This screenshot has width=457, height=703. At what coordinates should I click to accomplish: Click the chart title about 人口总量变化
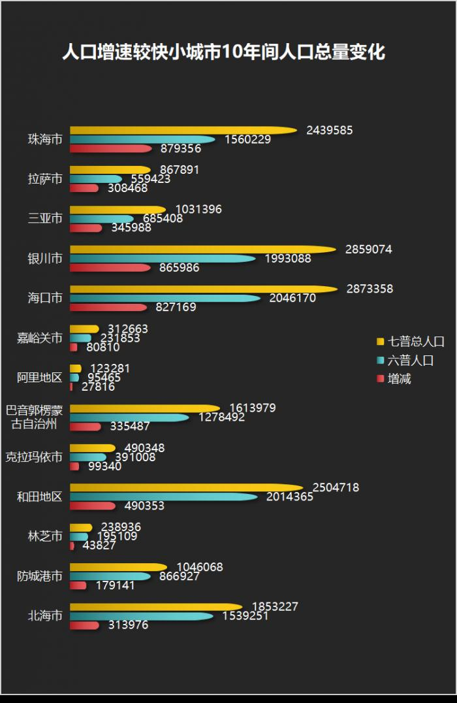coord(223,52)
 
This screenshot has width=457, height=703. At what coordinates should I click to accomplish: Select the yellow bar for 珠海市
coord(183,130)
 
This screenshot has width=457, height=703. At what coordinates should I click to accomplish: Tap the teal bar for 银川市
coord(163,259)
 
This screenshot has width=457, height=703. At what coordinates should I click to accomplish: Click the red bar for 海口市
coord(108,307)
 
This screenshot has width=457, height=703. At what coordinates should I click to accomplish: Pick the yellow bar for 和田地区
coord(186,487)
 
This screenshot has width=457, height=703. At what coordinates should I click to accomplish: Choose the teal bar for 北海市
coord(141,616)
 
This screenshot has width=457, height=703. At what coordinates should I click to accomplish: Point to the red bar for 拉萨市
coord(84,188)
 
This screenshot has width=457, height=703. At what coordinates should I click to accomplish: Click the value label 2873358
coord(370,289)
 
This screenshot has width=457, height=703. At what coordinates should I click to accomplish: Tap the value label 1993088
coord(288,259)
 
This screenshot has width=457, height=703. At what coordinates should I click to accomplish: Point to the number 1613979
coord(253,408)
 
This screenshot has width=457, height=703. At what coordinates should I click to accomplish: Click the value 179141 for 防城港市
coord(116,585)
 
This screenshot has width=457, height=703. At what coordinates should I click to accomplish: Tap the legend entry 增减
coord(399,378)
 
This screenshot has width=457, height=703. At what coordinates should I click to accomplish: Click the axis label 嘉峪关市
coord(40,338)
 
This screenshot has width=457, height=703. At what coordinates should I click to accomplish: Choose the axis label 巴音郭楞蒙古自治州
coord(35,417)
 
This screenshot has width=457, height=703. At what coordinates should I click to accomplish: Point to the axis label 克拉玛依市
coord(34,457)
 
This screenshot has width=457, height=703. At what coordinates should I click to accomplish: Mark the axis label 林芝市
coord(45,536)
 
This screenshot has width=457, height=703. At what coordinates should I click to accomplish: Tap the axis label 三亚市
coord(45,218)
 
